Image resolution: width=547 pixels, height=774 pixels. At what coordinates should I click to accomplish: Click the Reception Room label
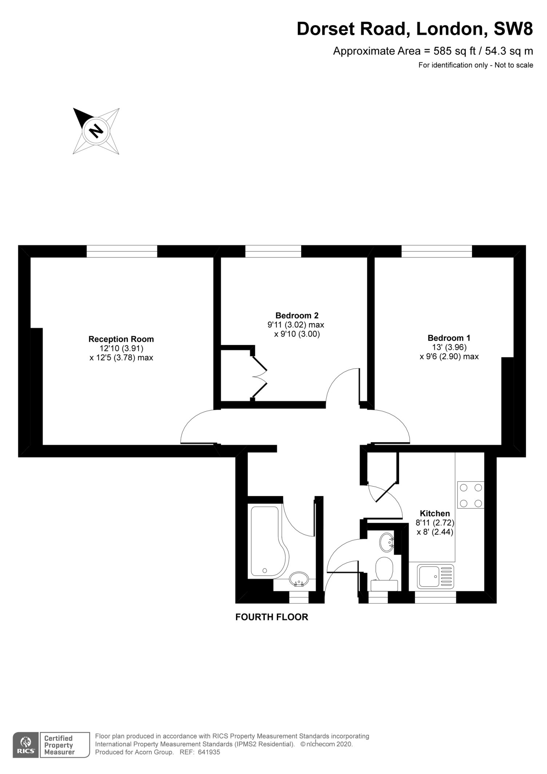coord(121,339)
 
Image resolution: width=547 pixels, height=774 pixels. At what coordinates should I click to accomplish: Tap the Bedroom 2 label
coord(297,315)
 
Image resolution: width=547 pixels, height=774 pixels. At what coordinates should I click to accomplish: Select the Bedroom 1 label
coord(449,338)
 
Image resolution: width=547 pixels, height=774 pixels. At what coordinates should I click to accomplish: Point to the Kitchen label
coord(435,513)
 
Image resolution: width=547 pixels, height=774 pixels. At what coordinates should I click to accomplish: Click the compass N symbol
coord(96,131)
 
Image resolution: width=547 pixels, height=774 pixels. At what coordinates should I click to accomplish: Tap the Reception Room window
coord(122,251)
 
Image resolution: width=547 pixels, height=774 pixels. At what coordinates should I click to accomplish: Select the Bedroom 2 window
coord(273,251)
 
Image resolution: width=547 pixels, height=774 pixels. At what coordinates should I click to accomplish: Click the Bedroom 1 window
coord(436,251)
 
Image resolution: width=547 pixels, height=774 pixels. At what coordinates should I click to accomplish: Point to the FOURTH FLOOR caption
coord(272,617)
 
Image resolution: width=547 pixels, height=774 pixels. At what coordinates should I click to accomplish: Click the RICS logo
coord(26,745)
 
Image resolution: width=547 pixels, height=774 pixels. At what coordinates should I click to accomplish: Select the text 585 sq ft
coord(455,51)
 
